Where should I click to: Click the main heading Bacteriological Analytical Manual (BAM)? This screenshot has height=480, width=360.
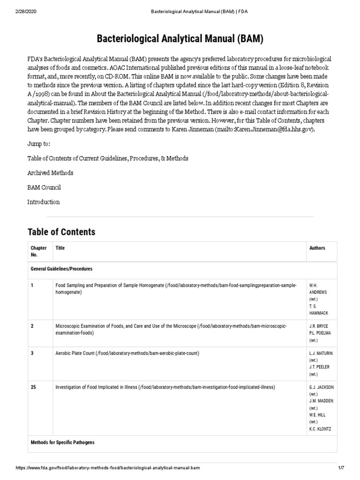pos(180,39)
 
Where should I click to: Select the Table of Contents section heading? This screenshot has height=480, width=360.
pos(61,232)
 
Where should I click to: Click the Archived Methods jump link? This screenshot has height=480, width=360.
pos(50,173)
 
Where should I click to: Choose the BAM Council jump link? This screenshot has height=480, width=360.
pos(44,187)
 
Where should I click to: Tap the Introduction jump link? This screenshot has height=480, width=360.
pos(44,202)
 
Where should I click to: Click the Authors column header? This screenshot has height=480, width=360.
pos(317,248)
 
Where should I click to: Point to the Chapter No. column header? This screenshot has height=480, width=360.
pos(38,251)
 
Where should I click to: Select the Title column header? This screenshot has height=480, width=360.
pos(60,248)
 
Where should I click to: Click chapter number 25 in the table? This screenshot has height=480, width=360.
pos(34,387)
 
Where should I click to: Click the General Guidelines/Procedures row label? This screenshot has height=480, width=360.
pos(61,269)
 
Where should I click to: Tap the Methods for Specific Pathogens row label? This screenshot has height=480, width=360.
pos(63,442)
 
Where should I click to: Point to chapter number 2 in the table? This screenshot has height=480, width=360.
pos(32,326)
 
